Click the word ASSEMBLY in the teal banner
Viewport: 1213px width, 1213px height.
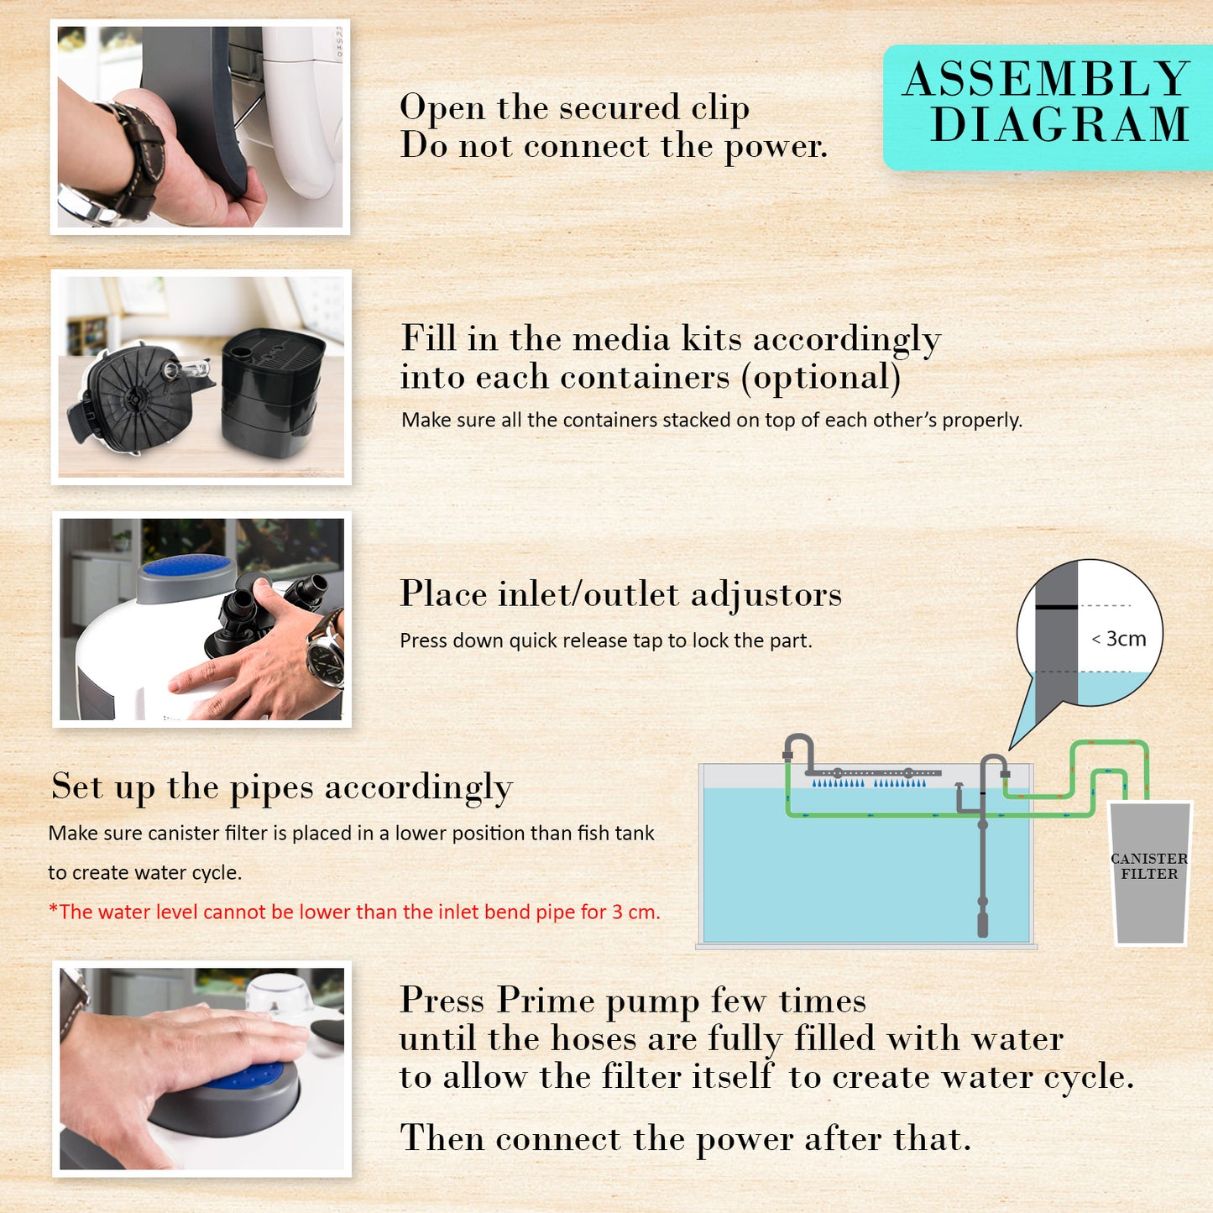click(x=1046, y=80)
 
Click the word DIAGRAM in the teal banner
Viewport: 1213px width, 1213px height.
click(x=1060, y=125)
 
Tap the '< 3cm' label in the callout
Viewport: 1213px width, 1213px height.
click(x=1119, y=639)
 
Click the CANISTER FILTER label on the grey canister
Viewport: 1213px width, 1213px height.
click(x=1148, y=866)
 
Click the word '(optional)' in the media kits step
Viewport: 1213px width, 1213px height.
click(x=820, y=378)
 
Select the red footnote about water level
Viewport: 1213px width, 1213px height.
click(x=354, y=912)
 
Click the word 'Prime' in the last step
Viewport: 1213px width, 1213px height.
click(x=545, y=1001)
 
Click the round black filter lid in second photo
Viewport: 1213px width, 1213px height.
click(x=134, y=395)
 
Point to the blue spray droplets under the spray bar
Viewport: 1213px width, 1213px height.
click(x=869, y=783)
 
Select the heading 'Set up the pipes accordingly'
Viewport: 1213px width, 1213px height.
click(x=281, y=787)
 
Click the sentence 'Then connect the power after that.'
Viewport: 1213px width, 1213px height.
click(x=685, y=1139)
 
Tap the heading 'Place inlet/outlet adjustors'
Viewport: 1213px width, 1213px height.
click(x=620, y=594)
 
